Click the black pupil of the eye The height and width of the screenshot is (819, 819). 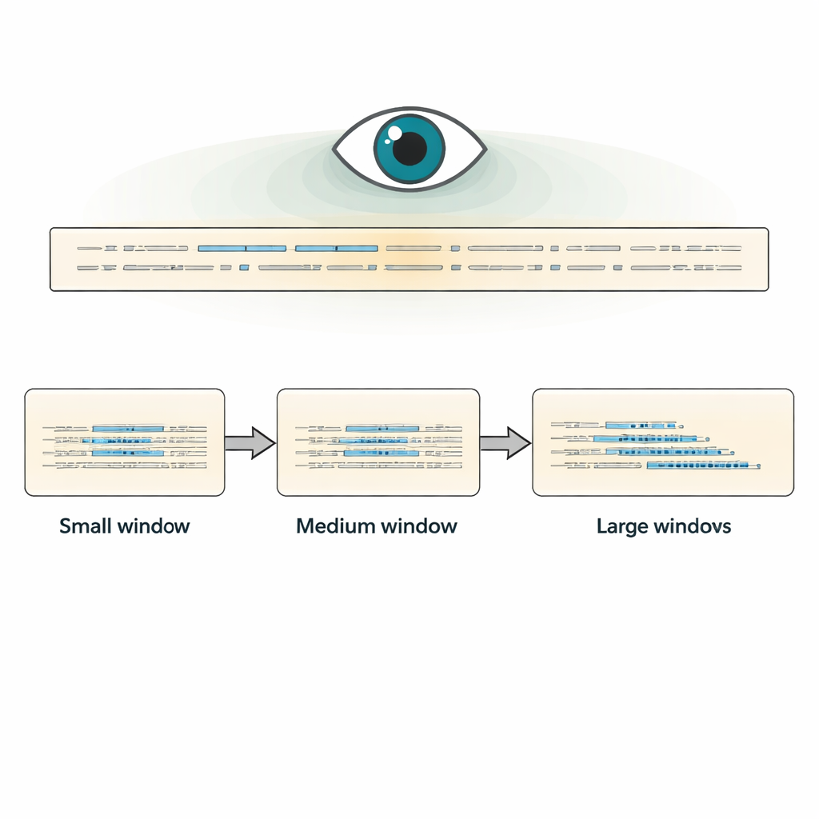coord(409,148)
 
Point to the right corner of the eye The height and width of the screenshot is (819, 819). coord(484,150)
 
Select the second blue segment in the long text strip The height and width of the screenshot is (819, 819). coord(336,248)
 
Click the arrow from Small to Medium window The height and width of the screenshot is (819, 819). coord(250,443)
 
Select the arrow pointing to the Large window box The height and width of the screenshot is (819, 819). coord(505,443)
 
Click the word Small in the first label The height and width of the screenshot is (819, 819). coord(86,526)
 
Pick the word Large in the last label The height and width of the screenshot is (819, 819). coord(623,526)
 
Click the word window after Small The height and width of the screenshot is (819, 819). coord(154,526)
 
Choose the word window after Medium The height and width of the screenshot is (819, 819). coord(419,526)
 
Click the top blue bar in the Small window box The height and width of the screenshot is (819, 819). coord(128,429)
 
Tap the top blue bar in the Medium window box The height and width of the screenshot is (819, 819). coord(382,429)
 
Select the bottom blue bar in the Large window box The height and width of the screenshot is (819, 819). coord(702,465)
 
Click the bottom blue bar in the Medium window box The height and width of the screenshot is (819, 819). coord(382,453)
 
